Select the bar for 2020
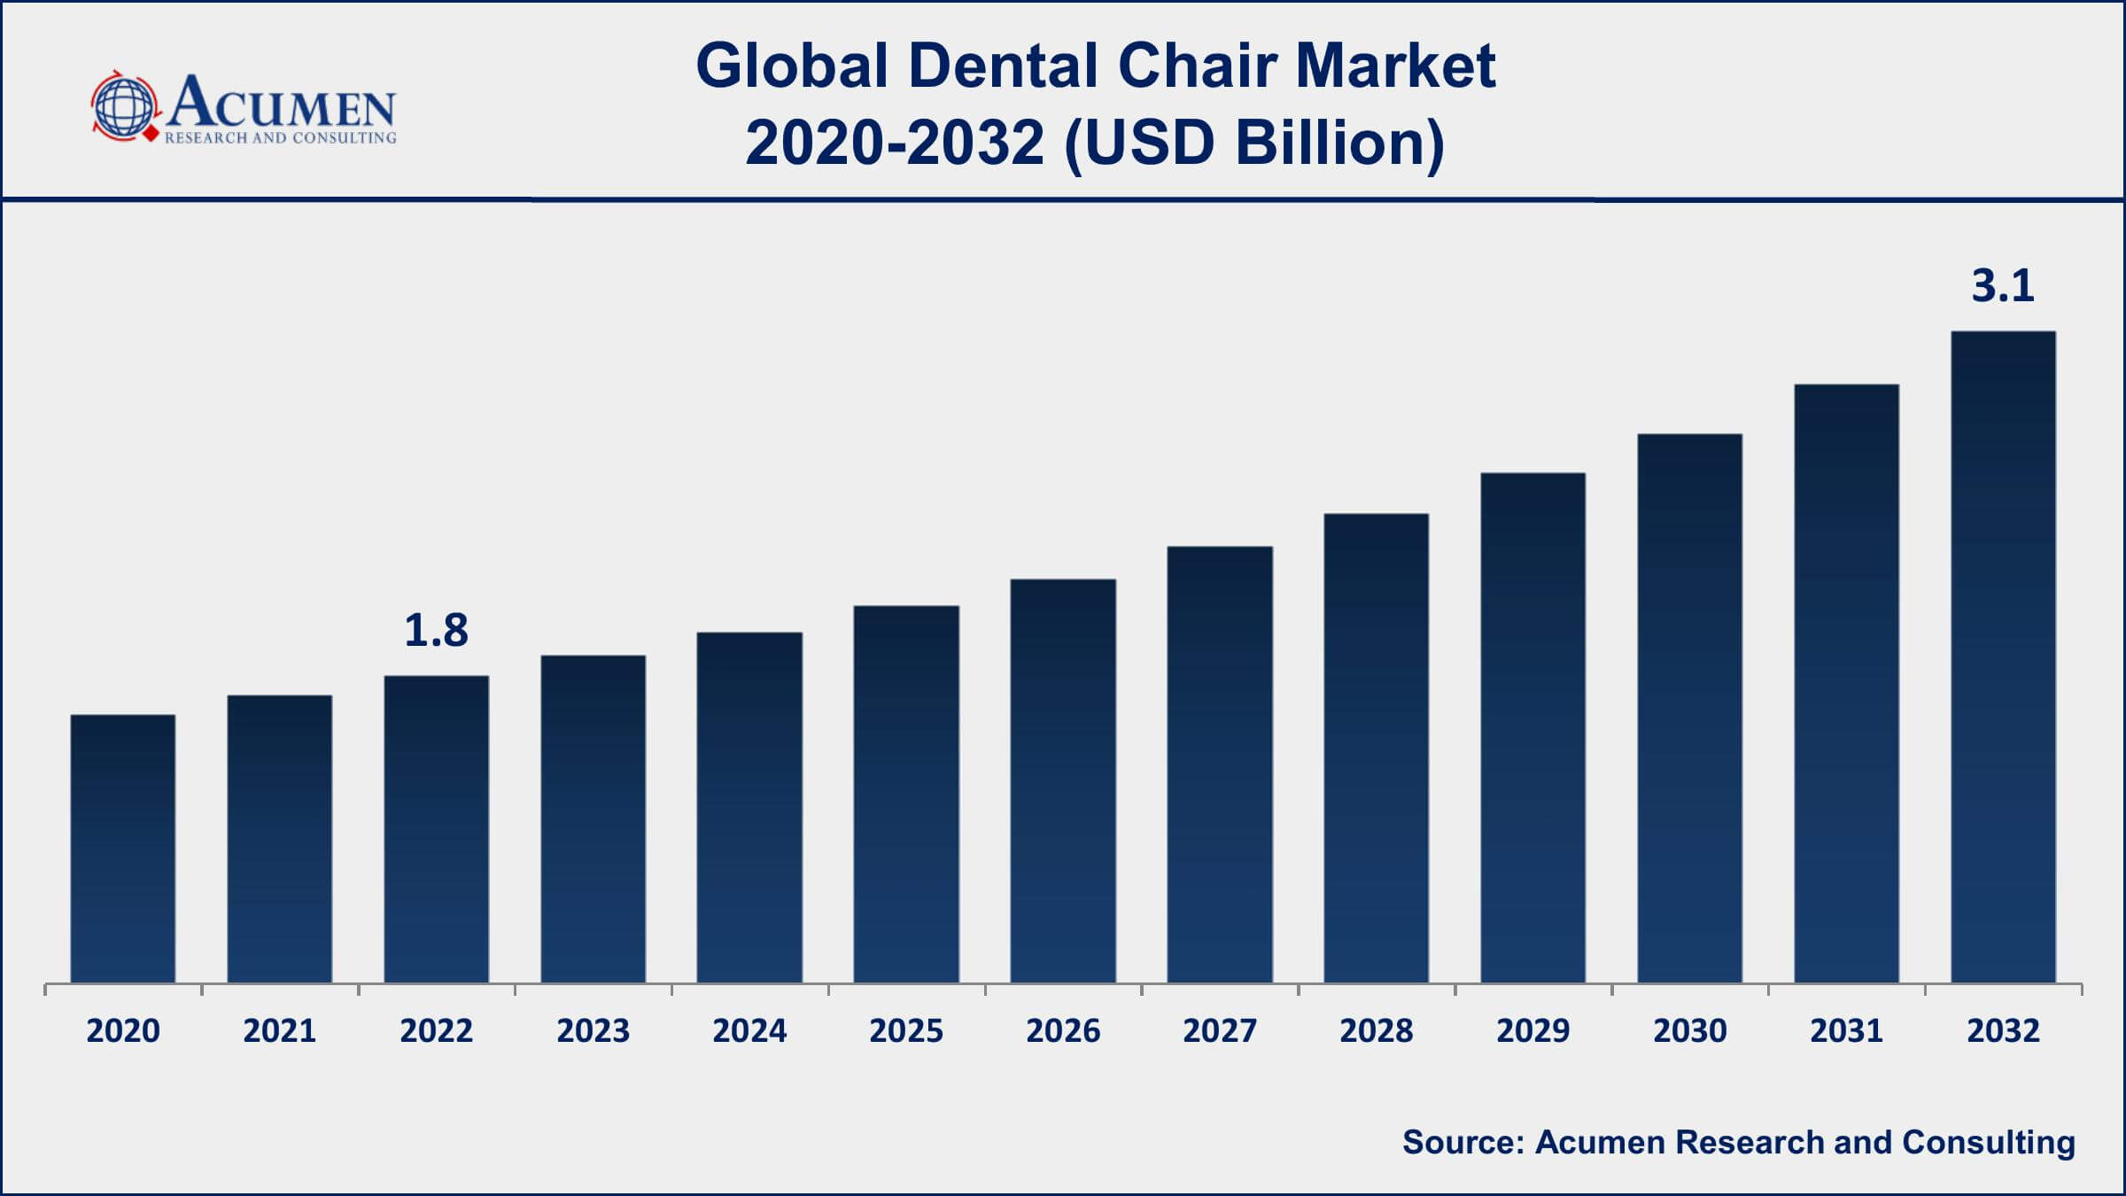(x=123, y=849)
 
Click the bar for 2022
(x=437, y=829)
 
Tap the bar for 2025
(x=906, y=795)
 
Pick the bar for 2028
(x=1376, y=749)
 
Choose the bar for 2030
(x=1689, y=709)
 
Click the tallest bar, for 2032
(x=2003, y=657)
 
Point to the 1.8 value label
(x=436, y=631)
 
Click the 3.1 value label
(x=2002, y=286)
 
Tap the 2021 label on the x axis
(x=280, y=1031)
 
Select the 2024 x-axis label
(x=749, y=1031)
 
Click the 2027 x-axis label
(x=1219, y=1031)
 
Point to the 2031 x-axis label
(x=1846, y=1031)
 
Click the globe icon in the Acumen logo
(x=124, y=106)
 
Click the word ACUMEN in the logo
(x=282, y=104)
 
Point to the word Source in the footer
(x=1462, y=1142)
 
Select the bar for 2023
(x=593, y=819)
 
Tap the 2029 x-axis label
(x=1532, y=1031)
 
